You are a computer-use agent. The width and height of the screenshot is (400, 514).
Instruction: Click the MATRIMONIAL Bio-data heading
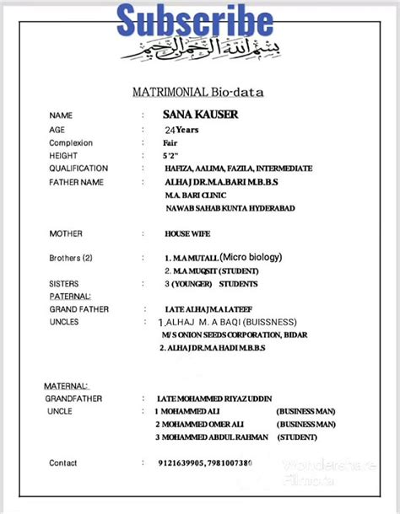coord(197,92)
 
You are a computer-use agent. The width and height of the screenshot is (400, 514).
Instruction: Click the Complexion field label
coord(71,143)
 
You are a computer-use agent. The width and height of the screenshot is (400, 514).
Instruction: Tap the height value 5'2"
coord(171,156)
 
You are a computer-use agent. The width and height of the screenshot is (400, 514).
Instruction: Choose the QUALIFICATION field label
coord(78,169)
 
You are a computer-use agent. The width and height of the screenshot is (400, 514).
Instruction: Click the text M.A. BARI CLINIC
coord(195,195)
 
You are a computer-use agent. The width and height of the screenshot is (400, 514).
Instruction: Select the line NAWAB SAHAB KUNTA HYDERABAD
coord(230,208)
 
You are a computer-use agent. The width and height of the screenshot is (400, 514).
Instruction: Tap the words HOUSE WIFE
coord(187,233)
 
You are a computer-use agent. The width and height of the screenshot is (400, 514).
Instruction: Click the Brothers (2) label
coord(71,258)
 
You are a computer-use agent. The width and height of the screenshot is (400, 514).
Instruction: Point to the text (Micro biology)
coord(251,257)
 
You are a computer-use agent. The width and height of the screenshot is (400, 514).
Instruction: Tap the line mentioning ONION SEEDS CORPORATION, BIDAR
coord(235,335)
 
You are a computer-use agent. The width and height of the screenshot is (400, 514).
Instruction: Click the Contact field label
coord(63,463)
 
